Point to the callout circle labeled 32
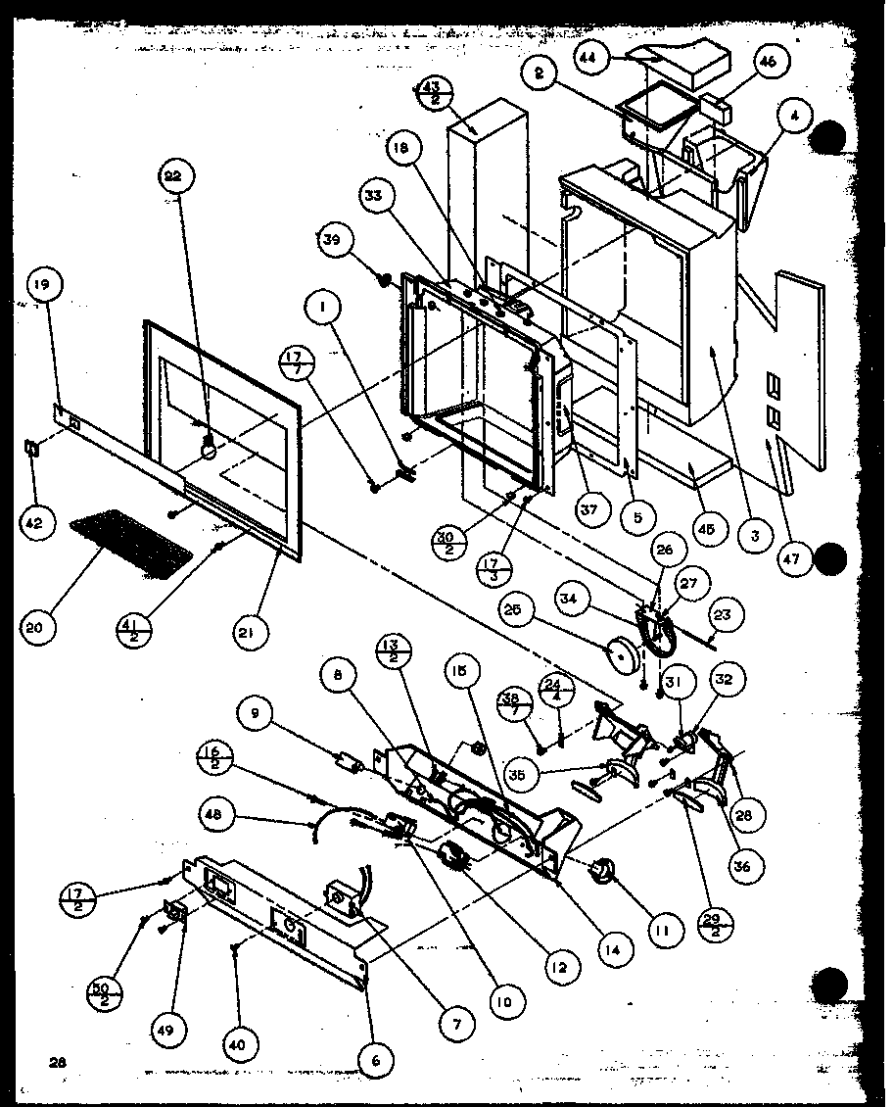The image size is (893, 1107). tap(728, 680)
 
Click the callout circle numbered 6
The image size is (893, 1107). tap(376, 1059)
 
